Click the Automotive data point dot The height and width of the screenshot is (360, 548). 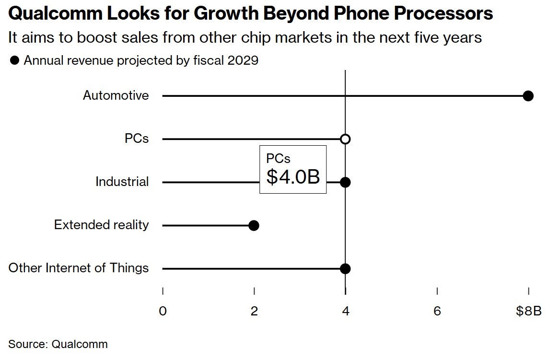click(x=528, y=96)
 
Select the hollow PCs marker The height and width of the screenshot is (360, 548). click(x=345, y=139)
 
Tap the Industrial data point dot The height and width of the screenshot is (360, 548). click(x=345, y=182)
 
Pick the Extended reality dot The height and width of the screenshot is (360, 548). click(x=254, y=225)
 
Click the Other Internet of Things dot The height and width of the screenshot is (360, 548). click(x=345, y=268)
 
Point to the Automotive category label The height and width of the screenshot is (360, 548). click(x=116, y=95)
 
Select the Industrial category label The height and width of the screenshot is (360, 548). click(x=122, y=182)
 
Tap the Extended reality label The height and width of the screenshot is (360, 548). click(x=101, y=225)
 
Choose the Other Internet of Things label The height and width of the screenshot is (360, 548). click(x=79, y=268)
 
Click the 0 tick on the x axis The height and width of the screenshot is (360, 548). click(x=163, y=311)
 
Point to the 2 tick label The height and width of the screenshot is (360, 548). click(x=254, y=311)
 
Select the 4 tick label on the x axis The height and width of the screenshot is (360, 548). click(x=346, y=311)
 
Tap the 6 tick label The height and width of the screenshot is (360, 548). click(x=437, y=311)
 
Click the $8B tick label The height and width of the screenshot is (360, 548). click(x=528, y=311)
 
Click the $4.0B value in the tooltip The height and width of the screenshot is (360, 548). click(x=293, y=177)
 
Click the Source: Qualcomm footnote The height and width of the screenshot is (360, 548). click(x=58, y=344)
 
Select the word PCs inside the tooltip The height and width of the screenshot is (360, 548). click(x=278, y=158)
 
